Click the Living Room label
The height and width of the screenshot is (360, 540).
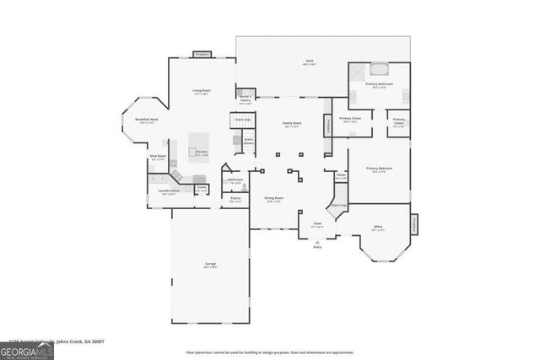click(x=201, y=91)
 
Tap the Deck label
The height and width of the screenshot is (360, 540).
click(x=310, y=62)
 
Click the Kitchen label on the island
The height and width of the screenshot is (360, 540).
click(x=201, y=153)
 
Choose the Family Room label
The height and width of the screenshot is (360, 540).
click(x=292, y=124)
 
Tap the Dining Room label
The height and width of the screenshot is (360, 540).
click(x=274, y=199)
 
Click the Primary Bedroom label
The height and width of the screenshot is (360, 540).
click(x=379, y=169)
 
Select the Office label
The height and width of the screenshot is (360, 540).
click(x=379, y=227)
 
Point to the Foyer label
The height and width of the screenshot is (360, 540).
click(x=317, y=223)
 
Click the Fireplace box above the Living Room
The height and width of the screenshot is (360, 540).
click(x=202, y=54)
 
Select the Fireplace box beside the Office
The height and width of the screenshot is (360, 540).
click(x=415, y=224)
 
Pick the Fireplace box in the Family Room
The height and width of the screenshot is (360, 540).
click(x=327, y=125)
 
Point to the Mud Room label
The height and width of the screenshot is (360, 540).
click(x=158, y=158)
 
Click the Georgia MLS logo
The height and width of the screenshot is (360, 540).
click(x=27, y=347)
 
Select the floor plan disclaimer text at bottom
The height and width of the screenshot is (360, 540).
click(x=270, y=352)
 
